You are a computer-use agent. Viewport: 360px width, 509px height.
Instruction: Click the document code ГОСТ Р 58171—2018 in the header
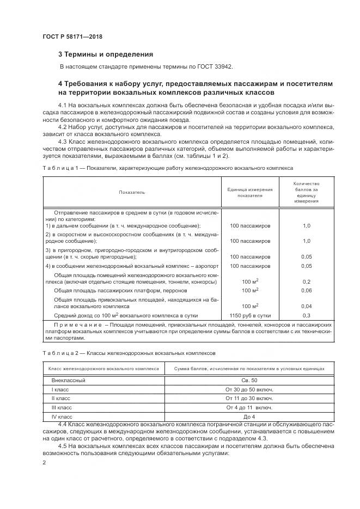pos(72,36)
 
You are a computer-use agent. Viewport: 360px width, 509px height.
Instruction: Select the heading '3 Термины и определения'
pos(106,54)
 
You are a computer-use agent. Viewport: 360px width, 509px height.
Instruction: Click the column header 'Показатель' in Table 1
pos(132,192)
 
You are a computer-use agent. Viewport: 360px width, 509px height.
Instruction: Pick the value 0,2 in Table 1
pos(306,281)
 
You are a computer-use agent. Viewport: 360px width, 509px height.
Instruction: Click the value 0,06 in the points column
pos(306,291)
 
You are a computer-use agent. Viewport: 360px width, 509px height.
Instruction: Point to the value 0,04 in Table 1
pos(306,306)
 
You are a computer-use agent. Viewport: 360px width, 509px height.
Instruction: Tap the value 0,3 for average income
pos(306,315)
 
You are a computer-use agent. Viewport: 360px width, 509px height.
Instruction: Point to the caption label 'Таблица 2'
pos(58,353)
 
